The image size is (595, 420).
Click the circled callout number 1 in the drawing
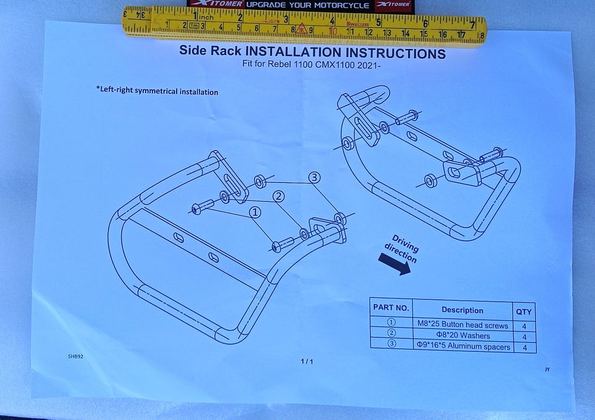pyautogui.click(x=255, y=212)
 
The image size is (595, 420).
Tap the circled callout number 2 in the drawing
pyautogui.click(x=278, y=196)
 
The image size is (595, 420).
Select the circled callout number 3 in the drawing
pyautogui.click(x=314, y=178)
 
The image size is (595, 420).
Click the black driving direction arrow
pyautogui.click(x=395, y=263)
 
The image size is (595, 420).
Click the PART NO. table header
pyautogui.click(x=391, y=307)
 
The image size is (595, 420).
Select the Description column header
pyautogui.click(x=462, y=310)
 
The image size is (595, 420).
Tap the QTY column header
pyautogui.click(x=524, y=312)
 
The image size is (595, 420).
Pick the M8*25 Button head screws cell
pyautogui.click(x=462, y=325)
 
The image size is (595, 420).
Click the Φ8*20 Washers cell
pyautogui.click(x=463, y=335)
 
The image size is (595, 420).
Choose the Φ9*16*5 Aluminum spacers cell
pyautogui.click(x=464, y=346)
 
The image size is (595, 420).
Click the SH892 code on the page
pyautogui.click(x=76, y=356)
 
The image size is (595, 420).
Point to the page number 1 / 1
pyautogui.click(x=307, y=361)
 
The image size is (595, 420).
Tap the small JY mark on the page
pyautogui.click(x=547, y=369)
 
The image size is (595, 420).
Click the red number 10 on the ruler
pyautogui.click(x=333, y=31)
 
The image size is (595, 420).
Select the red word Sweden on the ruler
pyautogui.click(x=357, y=24)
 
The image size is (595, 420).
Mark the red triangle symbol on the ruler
pyautogui.click(x=301, y=28)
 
